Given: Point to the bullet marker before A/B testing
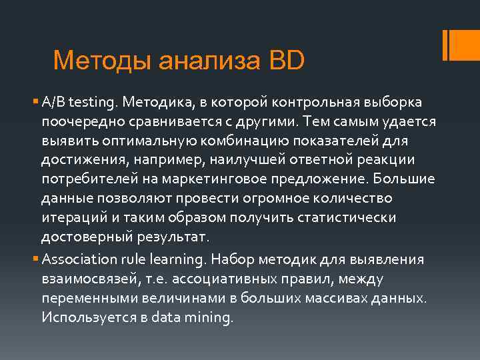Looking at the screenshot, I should tap(36, 103).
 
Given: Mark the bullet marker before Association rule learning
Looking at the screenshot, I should tap(36, 259).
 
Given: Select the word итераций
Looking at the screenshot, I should tap(69, 219).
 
